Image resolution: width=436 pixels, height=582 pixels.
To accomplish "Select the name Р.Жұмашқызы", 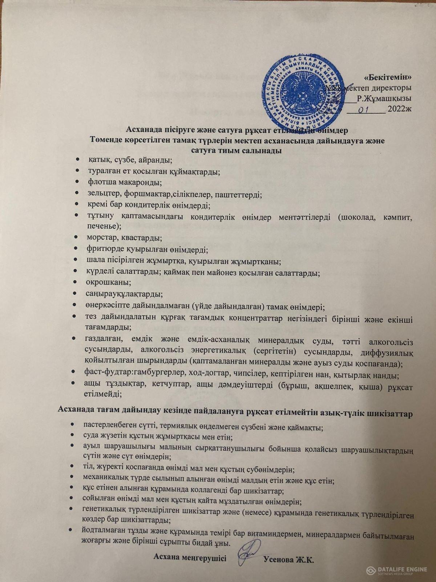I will pos(384,98).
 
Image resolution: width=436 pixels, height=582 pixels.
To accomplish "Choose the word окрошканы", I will pos(101,282).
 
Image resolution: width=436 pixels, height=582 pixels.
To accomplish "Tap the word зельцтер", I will pos(101,195).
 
